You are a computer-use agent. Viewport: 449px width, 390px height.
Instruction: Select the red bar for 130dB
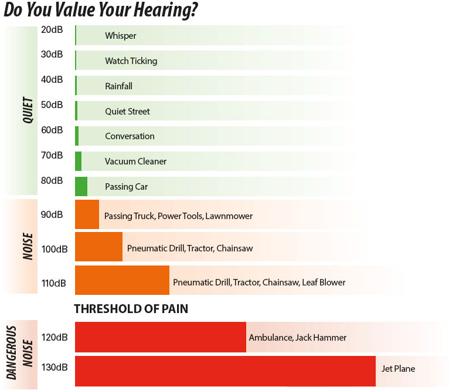pos(225,371)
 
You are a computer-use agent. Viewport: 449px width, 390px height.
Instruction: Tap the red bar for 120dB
pos(160,337)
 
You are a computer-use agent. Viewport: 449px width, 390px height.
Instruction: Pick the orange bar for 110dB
pos(122,280)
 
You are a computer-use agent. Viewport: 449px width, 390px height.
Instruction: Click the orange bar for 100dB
pos(98,247)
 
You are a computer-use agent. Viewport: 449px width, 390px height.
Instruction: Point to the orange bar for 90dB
pos(87,215)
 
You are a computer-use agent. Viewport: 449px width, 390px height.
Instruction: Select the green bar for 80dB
pos(81,186)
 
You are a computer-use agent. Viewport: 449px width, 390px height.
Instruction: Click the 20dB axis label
pos(52,29)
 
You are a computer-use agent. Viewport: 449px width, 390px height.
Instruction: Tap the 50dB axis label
pos(52,105)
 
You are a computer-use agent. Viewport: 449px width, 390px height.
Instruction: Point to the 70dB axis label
pos(52,155)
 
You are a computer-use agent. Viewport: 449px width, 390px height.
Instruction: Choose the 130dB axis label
pos(55,367)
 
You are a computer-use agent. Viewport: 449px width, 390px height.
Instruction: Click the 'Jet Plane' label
pos(398,369)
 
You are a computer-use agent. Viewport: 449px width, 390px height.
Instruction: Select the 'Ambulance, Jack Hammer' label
pos(297,338)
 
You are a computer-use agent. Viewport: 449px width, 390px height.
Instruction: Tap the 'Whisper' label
pos(121,36)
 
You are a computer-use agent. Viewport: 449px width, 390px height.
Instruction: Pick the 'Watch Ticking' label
pos(131,61)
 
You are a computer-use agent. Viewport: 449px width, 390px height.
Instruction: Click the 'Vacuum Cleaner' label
pos(135,162)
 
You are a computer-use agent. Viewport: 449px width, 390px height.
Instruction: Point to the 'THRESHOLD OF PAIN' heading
pos(131,309)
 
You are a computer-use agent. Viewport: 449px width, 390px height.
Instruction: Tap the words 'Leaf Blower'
pos(324,283)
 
